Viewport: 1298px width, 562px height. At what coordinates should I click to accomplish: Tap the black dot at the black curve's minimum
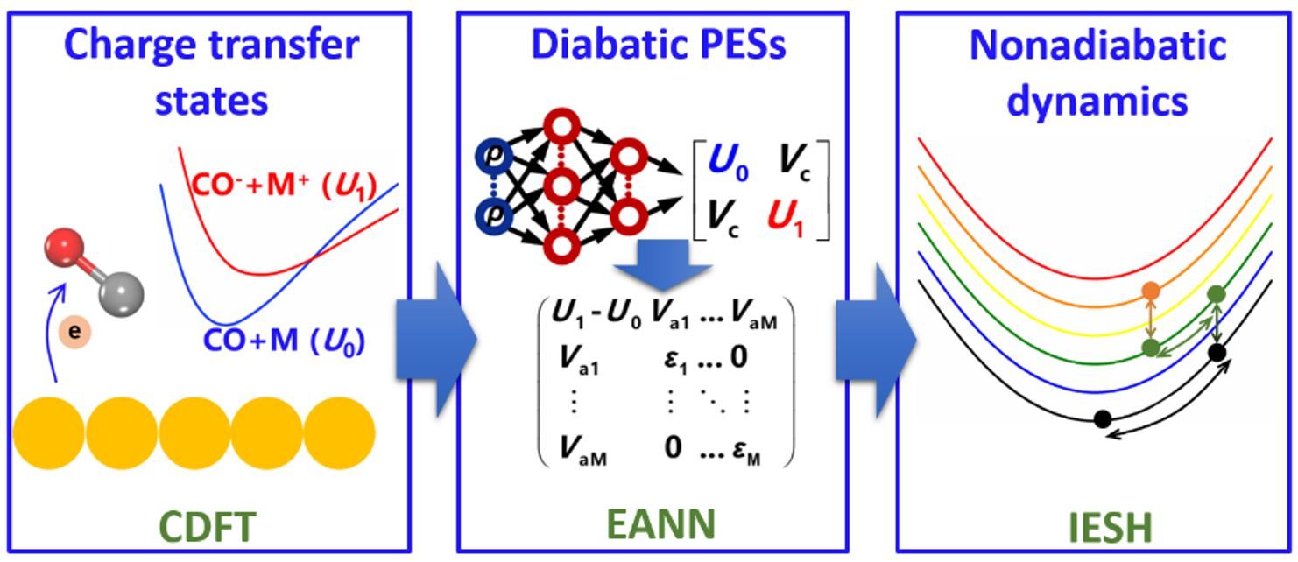point(1103,418)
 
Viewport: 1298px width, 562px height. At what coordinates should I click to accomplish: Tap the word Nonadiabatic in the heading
point(1096,45)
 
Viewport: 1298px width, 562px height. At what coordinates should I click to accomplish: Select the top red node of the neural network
point(561,129)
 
